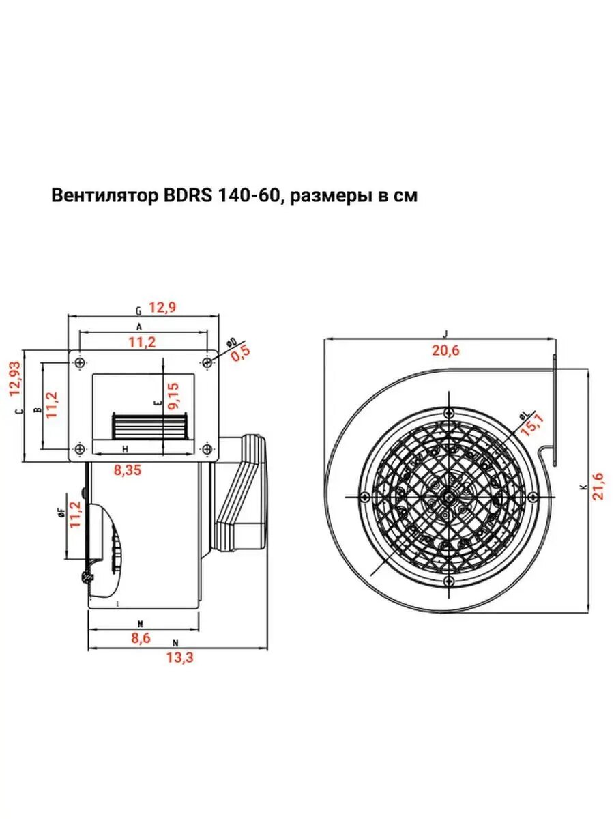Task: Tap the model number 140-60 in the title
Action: click(248, 197)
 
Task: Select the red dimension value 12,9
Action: click(162, 308)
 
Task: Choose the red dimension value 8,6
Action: click(142, 638)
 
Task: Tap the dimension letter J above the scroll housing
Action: click(445, 334)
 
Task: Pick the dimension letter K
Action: click(583, 487)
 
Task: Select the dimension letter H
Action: click(125, 448)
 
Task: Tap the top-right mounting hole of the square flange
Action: click(207, 362)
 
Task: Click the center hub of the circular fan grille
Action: click(448, 496)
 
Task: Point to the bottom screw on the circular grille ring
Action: click(448, 580)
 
